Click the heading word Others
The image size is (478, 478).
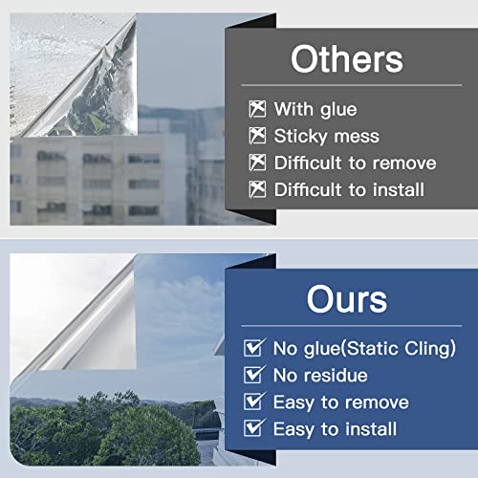(x=346, y=59)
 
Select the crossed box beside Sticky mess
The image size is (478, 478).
(x=256, y=136)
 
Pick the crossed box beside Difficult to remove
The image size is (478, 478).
(x=256, y=163)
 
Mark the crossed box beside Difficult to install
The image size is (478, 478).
(x=256, y=189)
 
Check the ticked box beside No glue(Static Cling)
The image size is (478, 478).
(x=255, y=349)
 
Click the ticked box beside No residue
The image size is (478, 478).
(x=255, y=376)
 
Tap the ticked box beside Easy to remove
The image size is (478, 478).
(x=255, y=402)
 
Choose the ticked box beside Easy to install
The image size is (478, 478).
(x=255, y=429)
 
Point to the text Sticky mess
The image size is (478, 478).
(x=327, y=136)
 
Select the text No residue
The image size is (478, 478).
(x=320, y=376)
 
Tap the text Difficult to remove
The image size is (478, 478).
(x=355, y=163)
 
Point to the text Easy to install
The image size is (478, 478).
(x=335, y=429)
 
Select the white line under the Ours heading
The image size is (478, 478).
(x=346, y=322)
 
